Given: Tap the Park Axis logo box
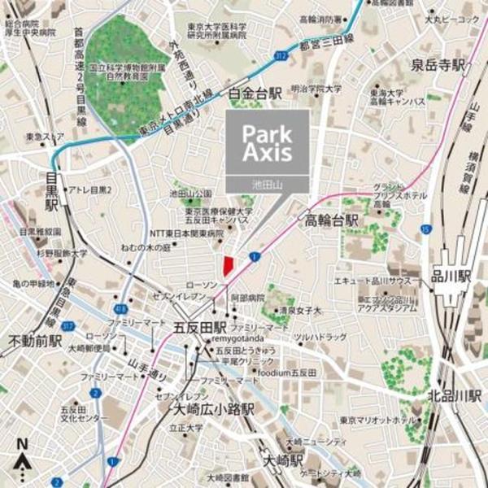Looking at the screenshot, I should point(268,142).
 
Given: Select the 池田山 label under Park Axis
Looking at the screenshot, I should point(268,185).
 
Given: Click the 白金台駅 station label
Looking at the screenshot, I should point(255,93).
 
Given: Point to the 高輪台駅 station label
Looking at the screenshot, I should point(332,220).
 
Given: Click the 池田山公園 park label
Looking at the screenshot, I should point(190,194).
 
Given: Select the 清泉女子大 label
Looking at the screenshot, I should point(299,310).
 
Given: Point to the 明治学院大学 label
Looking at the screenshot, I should point(316,89).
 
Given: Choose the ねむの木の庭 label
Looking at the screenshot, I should point(147,245).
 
